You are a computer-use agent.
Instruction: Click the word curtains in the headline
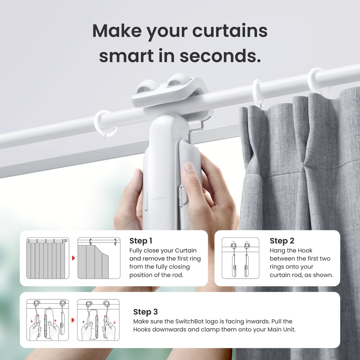click(x=230, y=31)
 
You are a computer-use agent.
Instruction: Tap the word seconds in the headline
click(x=220, y=56)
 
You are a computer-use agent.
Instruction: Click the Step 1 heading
click(x=141, y=241)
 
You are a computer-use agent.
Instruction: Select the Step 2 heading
click(x=282, y=241)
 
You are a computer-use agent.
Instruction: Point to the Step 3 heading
click(x=145, y=312)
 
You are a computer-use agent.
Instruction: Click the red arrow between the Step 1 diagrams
click(x=73, y=258)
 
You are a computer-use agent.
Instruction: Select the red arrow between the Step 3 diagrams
click(x=73, y=320)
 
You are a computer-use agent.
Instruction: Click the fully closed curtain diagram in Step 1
click(x=48, y=258)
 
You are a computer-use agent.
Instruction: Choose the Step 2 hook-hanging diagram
click(x=240, y=258)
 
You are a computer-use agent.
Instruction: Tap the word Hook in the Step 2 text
click(x=305, y=250)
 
